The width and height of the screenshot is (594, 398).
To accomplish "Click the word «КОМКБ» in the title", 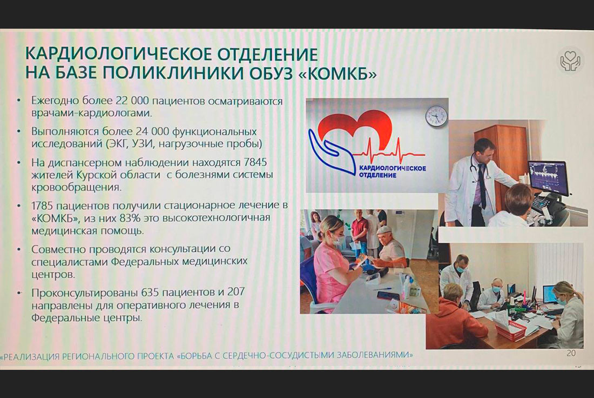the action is [x=338, y=73].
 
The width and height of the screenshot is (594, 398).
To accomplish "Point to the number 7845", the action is [x=256, y=162].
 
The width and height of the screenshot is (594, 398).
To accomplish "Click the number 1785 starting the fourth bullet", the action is [x=43, y=205].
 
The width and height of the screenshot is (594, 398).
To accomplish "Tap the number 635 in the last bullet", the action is [x=150, y=293].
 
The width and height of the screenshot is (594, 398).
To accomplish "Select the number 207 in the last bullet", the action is [x=236, y=292].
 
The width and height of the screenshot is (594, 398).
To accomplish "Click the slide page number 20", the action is [x=571, y=353].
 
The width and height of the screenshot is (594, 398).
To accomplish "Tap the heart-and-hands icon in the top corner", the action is [x=570, y=61].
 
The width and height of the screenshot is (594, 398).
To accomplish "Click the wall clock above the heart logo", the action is [x=436, y=116].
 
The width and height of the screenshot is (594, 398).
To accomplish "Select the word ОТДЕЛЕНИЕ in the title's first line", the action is [x=267, y=55].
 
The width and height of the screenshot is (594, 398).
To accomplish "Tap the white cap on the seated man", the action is [x=384, y=230].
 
